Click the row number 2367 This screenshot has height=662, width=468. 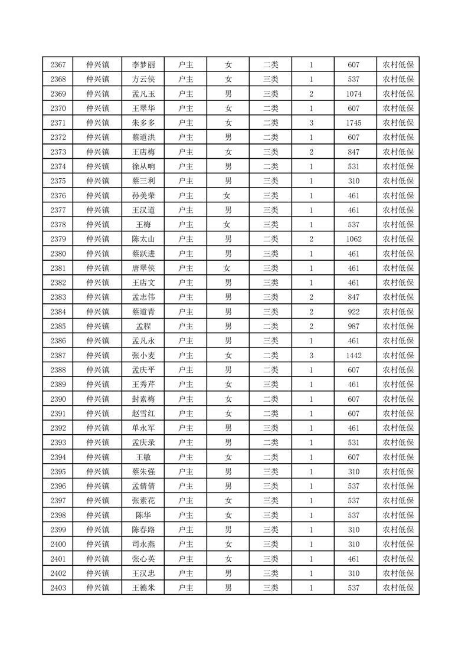[58, 65]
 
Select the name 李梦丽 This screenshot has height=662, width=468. [143, 65]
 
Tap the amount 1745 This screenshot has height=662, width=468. [354, 123]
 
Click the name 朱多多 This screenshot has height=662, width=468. [143, 123]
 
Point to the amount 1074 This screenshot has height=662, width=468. [354, 94]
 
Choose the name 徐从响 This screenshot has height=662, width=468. [143, 166]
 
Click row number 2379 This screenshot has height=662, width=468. [58, 239]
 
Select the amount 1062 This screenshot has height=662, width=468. [354, 239]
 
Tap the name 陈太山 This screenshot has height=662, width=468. [143, 239]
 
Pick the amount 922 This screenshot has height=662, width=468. [354, 312]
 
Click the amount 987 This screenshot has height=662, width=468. [354, 326]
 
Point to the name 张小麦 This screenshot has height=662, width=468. [143, 355]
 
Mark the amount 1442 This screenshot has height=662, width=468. [354, 355]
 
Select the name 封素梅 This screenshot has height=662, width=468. [143, 399]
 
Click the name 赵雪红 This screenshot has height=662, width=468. [143, 414]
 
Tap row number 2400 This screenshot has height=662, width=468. [58, 544]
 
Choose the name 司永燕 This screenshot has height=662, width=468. [143, 544]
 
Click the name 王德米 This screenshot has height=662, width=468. [143, 588]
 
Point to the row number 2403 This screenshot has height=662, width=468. [58, 588]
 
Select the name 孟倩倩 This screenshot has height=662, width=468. [143, 486]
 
